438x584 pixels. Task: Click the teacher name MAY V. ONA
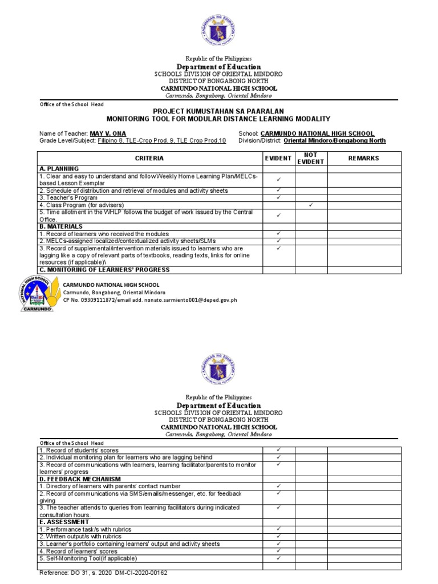(108, 133)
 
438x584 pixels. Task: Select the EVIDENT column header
(278, 158)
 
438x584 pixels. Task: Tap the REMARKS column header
(363, 158)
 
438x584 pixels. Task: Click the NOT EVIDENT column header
(310, 158)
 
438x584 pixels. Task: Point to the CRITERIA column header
(149, 158)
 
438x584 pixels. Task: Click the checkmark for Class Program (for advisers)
(310, 205)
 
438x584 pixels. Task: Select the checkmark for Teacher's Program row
(278, 197)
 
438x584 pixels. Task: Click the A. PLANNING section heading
(59, 169)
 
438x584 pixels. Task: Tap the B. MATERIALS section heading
(61, 226)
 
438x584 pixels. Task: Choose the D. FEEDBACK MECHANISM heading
(80, 479)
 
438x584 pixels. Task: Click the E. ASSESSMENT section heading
(64, 522)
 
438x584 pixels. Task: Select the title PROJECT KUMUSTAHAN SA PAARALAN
(219, 111)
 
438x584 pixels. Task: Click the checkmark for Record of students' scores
(278, 450)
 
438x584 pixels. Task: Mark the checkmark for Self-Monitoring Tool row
(278, 558)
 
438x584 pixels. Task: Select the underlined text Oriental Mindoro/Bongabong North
(334, 140)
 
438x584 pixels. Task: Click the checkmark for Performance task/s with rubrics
(278, 529)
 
